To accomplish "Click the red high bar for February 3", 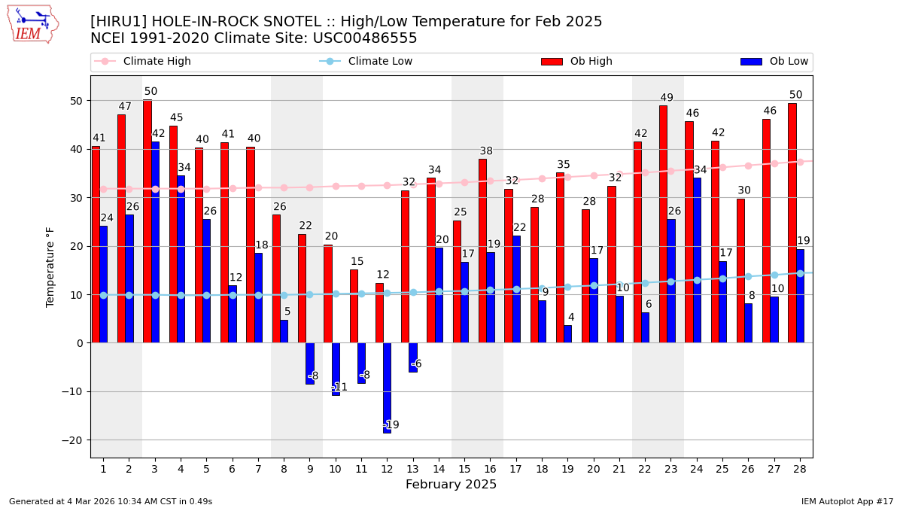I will pos(147,221).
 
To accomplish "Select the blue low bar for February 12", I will pos(387,388).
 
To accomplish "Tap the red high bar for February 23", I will pos(663,224).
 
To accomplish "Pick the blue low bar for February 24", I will pos(697,260).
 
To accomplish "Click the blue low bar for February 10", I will pos(336,369).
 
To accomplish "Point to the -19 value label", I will pos(391,425).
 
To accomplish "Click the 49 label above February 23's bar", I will pos(667,98).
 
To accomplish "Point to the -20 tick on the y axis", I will pos(74,440).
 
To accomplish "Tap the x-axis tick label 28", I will pos(799,469).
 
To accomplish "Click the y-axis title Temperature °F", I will pos(50,267).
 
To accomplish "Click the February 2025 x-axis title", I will pos(451,485).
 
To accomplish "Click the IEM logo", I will pos(32,25).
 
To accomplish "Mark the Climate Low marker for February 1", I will pos(103,295).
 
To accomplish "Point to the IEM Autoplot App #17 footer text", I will pos(847,501).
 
